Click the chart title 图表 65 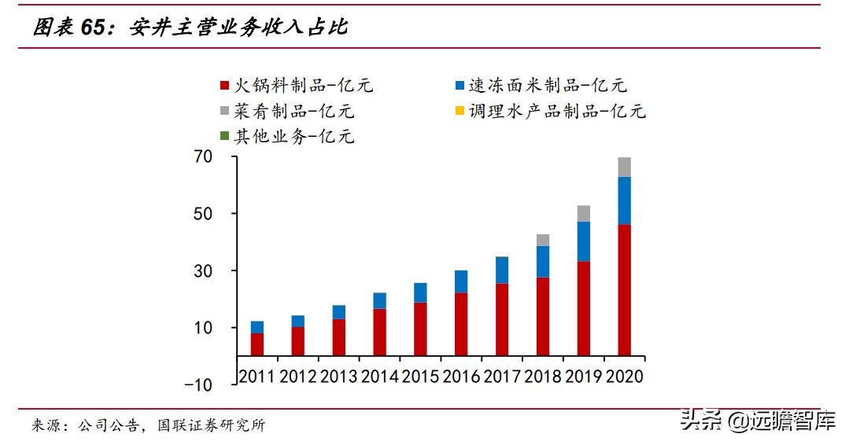190,28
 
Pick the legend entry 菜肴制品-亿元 286,111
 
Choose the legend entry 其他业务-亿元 286,136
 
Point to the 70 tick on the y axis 203,157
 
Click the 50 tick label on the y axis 203,214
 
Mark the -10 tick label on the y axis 198,384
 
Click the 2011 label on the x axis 257,377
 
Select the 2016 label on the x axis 461,377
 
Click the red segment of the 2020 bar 624,289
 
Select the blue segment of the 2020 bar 624,200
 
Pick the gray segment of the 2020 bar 624,167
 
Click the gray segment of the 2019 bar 583,213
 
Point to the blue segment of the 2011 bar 257,327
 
